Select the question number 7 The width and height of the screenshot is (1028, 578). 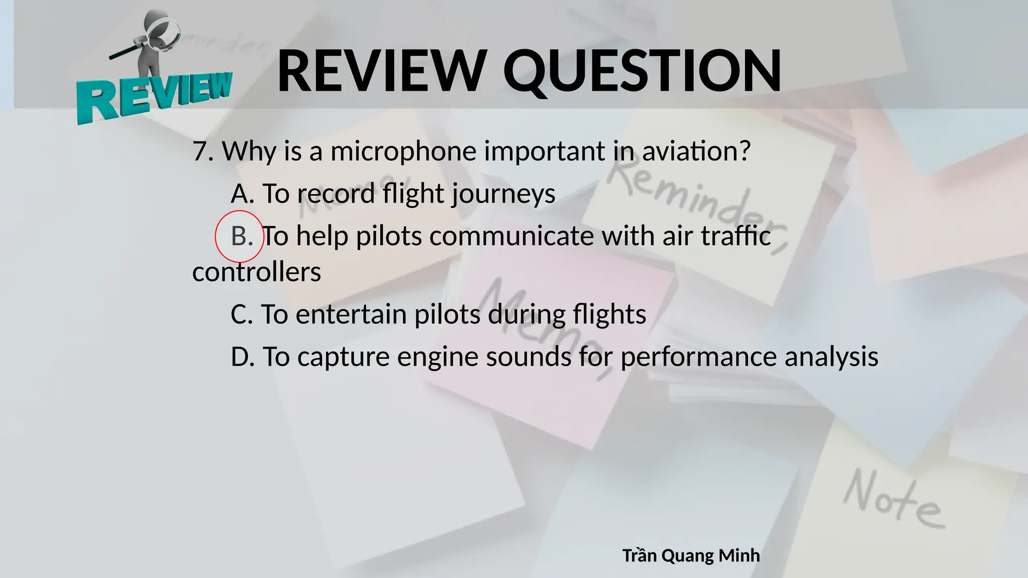[x=200, y=151]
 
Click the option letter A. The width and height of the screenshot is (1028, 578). [x=241, y=194]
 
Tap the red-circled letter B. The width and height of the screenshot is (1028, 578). [x=240, y=236]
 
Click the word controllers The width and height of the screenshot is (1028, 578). [x=256, y=272]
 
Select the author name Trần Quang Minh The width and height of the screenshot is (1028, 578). [x=691, y=555]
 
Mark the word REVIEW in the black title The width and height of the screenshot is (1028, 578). [x=381, y=71]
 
